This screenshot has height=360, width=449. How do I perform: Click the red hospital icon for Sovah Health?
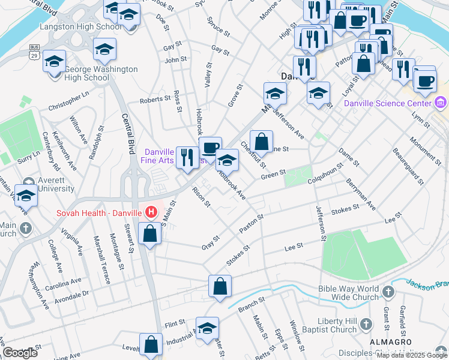pyautogui.click(x=151, y=212)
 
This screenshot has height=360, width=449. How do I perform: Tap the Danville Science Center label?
pyautogui.click(x=387, y=103)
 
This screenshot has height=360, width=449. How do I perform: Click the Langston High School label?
pyautogui.click(x=80, y=27)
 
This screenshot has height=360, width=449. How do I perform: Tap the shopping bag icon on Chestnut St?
pyautogui.click(x=261, y=142)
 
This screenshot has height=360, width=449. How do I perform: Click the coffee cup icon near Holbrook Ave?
pyautogui.click(x=210, y=148)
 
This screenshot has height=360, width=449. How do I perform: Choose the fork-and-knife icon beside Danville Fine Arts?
pyautogui.click(x=187, y=158)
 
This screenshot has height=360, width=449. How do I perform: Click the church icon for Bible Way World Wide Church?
pyautogui.click(x=388, y=293)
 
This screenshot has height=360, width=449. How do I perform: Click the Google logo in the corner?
pyautogui.click(x=20, y=353)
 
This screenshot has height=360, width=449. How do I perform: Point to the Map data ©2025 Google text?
pyautogui.click(x=412, y=355)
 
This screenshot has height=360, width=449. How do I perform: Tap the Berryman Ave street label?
pyautogui.click(x=360, y=194)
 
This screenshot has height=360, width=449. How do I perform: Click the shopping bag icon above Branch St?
pyautogui.click(x=220, y=286)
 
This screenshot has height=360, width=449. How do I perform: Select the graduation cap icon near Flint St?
pyautogui.click(x=208, y=328)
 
